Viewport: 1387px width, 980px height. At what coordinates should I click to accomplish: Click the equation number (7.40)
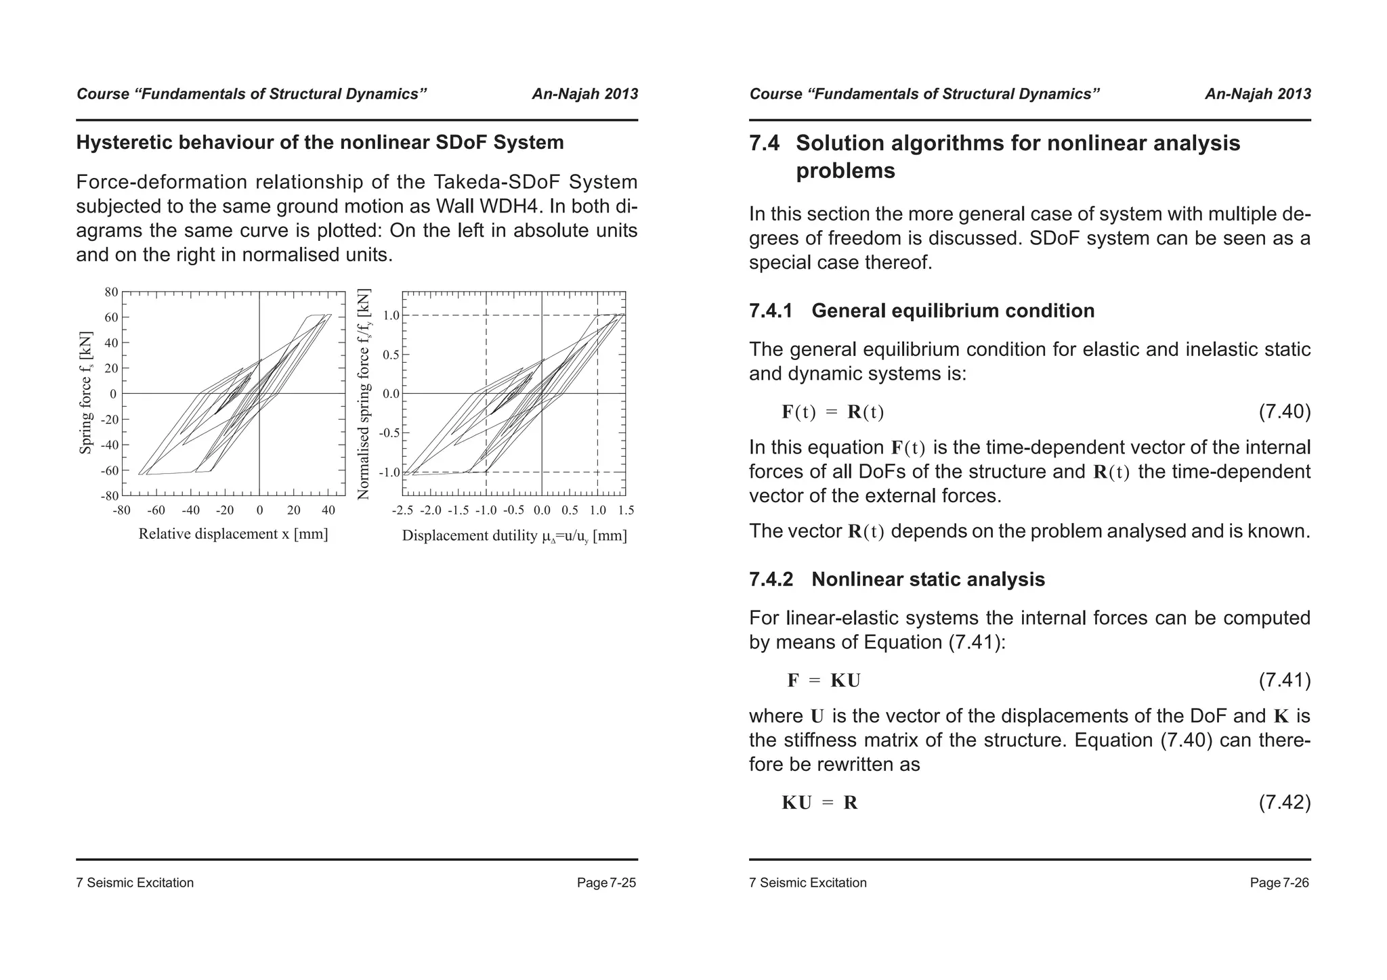tap(1284, 411)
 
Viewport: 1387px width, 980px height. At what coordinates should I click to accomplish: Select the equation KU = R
tap(819, 803)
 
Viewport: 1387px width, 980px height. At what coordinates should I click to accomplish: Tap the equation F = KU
tap(824, 680)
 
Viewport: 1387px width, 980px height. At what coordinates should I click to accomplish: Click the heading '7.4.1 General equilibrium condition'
tap(921, 311)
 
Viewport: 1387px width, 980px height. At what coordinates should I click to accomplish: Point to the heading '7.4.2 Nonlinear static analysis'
tap(897, 579)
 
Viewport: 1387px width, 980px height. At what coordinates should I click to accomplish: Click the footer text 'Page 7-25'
tap(606, 883)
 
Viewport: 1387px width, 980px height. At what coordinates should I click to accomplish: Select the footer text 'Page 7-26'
tap(1279, 883)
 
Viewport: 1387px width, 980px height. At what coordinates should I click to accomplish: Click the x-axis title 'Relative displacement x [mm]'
tap(233, 534)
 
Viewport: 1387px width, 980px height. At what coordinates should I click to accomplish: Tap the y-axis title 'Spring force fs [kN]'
tap(85, 393)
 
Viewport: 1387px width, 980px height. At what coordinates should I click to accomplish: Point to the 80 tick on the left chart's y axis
tap(111, 292)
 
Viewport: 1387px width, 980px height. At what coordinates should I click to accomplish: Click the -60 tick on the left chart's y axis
tap(109, 470)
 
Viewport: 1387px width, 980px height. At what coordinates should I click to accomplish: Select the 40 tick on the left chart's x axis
tap(328, 510)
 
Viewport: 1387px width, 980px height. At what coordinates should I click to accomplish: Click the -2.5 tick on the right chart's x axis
tap(402, 510)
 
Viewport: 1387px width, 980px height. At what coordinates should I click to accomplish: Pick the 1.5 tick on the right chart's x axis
tap(626, 510)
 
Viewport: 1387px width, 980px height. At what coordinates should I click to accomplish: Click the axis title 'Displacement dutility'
tap(470, 536)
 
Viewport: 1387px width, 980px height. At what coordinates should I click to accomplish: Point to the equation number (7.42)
tap(1284, 803)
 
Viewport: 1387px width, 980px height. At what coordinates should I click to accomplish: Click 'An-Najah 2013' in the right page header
tap(1258, 94)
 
